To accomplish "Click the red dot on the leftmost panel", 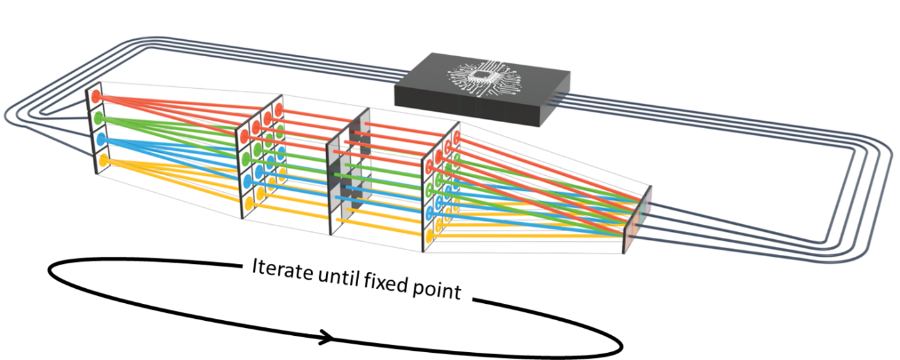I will coord(95,96).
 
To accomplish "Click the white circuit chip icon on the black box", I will coord(482,77).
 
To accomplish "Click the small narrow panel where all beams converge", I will coord(637,220).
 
